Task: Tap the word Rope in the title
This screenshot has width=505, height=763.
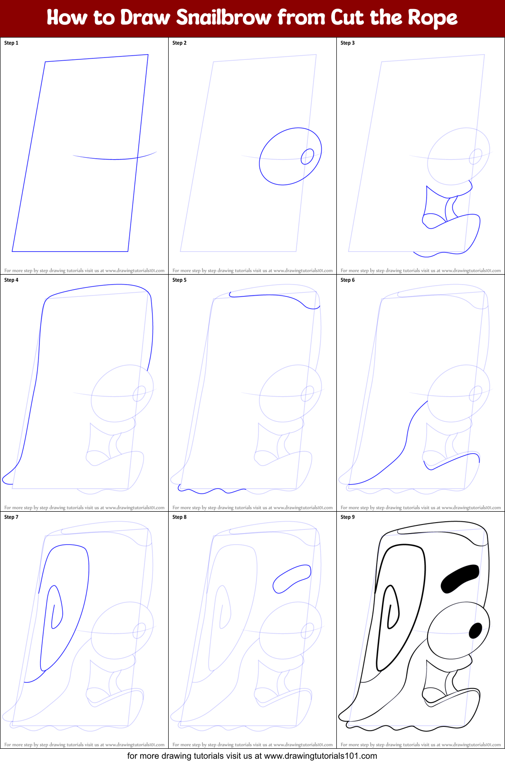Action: coord(432,18)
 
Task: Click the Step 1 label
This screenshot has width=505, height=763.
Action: coord(11,43)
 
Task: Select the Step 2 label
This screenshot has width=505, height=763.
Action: coord(180,43)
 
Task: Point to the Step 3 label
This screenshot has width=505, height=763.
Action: coord(348,43)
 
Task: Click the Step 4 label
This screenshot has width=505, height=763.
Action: coord(11,280)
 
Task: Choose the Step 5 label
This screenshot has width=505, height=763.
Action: coord(180,280)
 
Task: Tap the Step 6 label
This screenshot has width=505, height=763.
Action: coord(348,280)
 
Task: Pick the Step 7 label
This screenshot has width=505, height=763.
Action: coord(11,517)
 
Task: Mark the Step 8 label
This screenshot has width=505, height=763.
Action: coord(180,517)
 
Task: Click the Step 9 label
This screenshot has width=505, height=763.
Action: coord(348,517)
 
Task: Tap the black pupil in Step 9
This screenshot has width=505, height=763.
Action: coord(476,630)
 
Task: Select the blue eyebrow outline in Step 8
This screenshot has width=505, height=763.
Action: coord(292,578)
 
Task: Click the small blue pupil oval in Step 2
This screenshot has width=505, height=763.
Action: coord(307,156)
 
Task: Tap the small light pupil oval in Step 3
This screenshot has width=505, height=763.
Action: coord(476,156)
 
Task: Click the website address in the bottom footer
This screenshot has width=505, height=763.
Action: coord(320,756)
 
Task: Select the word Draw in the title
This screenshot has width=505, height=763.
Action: coord(145,18)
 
